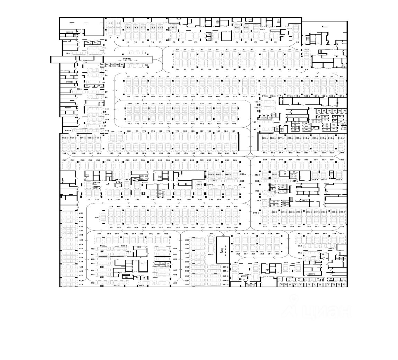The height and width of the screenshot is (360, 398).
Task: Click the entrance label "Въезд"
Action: click(x=127, y=58)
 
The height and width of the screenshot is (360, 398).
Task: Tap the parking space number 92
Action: click(x=146, y=65)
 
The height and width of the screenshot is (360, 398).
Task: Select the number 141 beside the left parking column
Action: click(x=107, y=109)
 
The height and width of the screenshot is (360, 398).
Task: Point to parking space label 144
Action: click(x=104, y=126)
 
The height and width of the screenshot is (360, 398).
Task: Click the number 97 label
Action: click(x=107, y=92)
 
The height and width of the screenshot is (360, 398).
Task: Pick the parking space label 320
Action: click(x=97, y=217)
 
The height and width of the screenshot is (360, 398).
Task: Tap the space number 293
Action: click(x=258, y=201)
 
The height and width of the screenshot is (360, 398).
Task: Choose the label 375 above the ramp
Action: click(x=211, y=234)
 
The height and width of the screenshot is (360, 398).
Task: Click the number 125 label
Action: click(x=256, y=102)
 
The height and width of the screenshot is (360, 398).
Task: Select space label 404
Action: click(x=175, y=249)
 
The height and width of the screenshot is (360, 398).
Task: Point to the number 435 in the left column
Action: click(x=81, y=213)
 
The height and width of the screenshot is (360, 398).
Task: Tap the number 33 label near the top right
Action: click(x=297, y=42)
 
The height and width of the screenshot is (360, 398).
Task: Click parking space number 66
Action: click(x=341, y=76)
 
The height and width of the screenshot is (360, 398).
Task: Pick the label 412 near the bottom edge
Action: click(x=92, y=283)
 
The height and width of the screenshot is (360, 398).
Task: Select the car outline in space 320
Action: click(x=103, y=217)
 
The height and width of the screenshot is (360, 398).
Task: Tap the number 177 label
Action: click(x=120, y=132)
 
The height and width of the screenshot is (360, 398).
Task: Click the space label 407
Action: click(x=175, y=270)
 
